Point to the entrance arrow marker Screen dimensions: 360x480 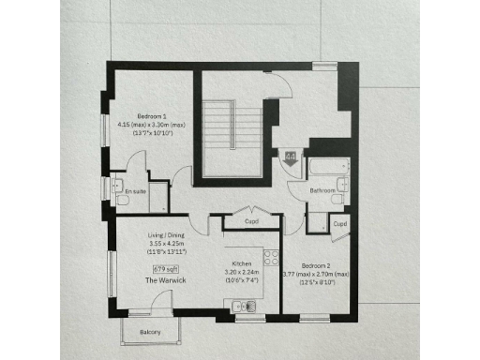click(290, 158)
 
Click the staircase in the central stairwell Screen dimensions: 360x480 click(222, 127)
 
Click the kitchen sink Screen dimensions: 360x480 click(241, 305)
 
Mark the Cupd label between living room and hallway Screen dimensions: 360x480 click(252, 222)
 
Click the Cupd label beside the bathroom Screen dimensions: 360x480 click(340, 225)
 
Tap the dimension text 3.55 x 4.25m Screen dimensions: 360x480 click(169, 245)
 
